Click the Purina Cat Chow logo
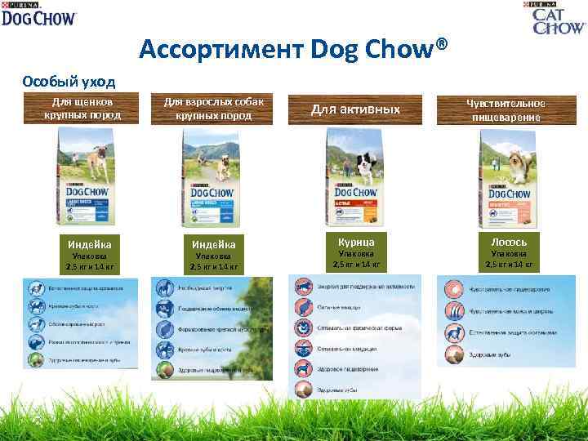[x=559, y=17]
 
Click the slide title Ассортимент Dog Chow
[x=294, y=50]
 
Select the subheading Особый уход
[x=69, y=81]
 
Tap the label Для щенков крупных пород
[x=82, y=109]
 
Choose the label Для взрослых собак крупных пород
[x=213, y=109]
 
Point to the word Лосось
[x=509, y=241]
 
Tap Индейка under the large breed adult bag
[x=213, y=243]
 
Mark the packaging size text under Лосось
[x=509, y=259]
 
